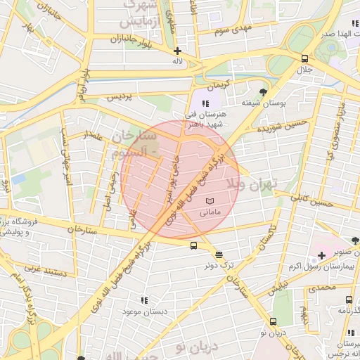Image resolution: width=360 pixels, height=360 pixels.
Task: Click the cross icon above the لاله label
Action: (x=177, y=51)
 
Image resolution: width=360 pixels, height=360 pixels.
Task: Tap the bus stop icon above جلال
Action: (x=304, y=59)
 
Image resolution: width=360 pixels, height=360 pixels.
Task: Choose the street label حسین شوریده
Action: (x=282, y=127)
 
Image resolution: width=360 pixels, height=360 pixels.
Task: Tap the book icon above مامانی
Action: (x=210, y=201)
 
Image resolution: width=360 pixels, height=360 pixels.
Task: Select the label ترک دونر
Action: (x=219, y=266)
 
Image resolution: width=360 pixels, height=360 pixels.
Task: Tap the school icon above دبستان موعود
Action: (x=144, y=300)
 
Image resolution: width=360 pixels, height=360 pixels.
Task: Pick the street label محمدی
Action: (x=323, y=288)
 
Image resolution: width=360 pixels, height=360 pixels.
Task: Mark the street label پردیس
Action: (x=120, y=98)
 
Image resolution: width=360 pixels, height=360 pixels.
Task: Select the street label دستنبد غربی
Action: (x=44, y=268)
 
